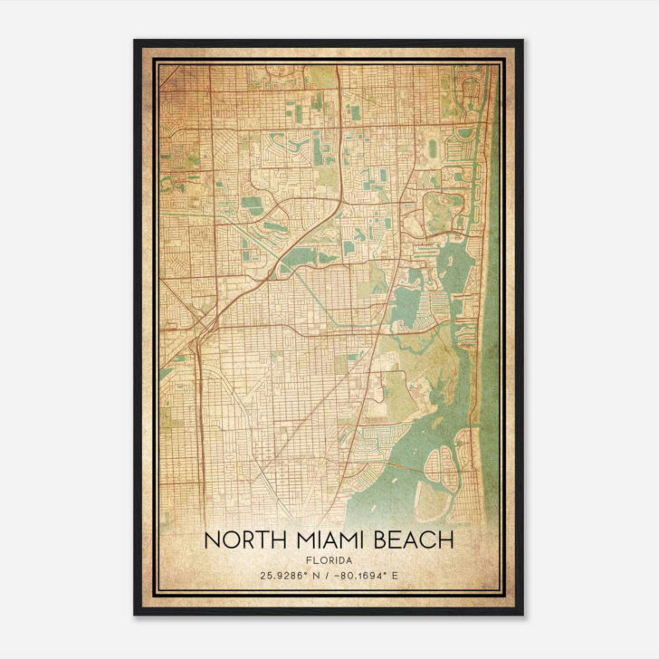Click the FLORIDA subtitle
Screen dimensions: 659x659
[329, 559]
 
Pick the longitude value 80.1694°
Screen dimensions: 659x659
[372, 575]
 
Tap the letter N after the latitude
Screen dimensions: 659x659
[316, 575]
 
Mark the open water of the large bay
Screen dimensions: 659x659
[398, 471]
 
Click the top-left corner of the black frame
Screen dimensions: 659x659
[136, 42]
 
